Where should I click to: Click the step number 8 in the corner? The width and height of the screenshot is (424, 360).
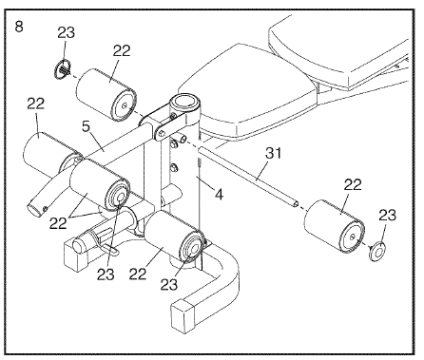tap(19, 27)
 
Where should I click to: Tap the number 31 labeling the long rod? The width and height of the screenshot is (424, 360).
tap(273, 153)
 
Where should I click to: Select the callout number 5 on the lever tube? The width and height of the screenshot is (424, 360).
tap(86, 126)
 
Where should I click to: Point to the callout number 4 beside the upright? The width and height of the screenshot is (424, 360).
tap(219, 194)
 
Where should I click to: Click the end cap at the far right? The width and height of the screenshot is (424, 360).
tap(377, 251)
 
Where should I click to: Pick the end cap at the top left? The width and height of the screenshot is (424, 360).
tap(63, 69)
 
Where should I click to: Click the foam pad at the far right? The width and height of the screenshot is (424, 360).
tap(334, 226)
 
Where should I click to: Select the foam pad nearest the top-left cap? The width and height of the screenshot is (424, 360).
tap(106, 96)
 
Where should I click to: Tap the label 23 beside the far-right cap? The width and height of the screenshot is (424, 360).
tap(388, 216)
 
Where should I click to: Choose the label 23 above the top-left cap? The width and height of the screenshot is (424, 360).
tap(67, 32)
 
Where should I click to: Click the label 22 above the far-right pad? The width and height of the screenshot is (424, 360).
tap(353, 185)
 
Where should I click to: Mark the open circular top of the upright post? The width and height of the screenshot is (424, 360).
tap(184, 102)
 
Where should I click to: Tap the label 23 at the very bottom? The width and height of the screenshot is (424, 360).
tap(169, 285)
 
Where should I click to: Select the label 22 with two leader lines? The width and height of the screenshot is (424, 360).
tap(58, 223)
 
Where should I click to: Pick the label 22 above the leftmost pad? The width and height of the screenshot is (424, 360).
tap(36, 104)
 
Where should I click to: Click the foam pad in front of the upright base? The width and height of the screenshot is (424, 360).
tap(174, 235)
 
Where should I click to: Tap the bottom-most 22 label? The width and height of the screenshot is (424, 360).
tap(138, 274)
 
